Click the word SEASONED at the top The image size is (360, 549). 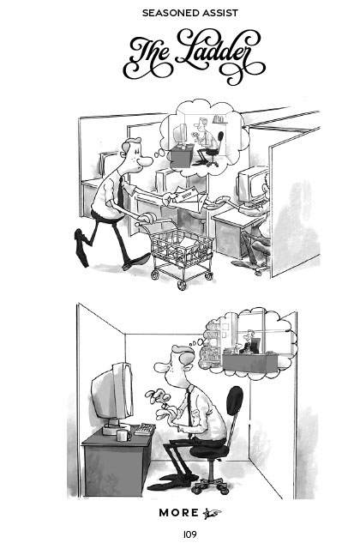tap(165, 13)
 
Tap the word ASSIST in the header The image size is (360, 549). tap(214, 13)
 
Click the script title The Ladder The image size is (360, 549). tap(195, 55)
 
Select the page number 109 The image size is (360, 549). tap(190, 534)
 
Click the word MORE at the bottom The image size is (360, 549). tap(179, 513)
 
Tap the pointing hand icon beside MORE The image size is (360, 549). tap(212, 513)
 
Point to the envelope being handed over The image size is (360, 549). tap(187, 197)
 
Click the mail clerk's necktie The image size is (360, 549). tap(120, 192)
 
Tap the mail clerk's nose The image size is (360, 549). tap(145, 161)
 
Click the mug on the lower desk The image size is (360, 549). tap(123, 435)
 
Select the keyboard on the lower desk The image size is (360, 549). tap(145, 429)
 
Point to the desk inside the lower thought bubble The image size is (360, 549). tap(249, 363)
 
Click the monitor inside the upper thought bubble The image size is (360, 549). tap(181, 135)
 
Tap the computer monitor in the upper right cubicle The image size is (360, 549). tap(253, 184)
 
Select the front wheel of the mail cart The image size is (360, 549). tap(182, 285)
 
